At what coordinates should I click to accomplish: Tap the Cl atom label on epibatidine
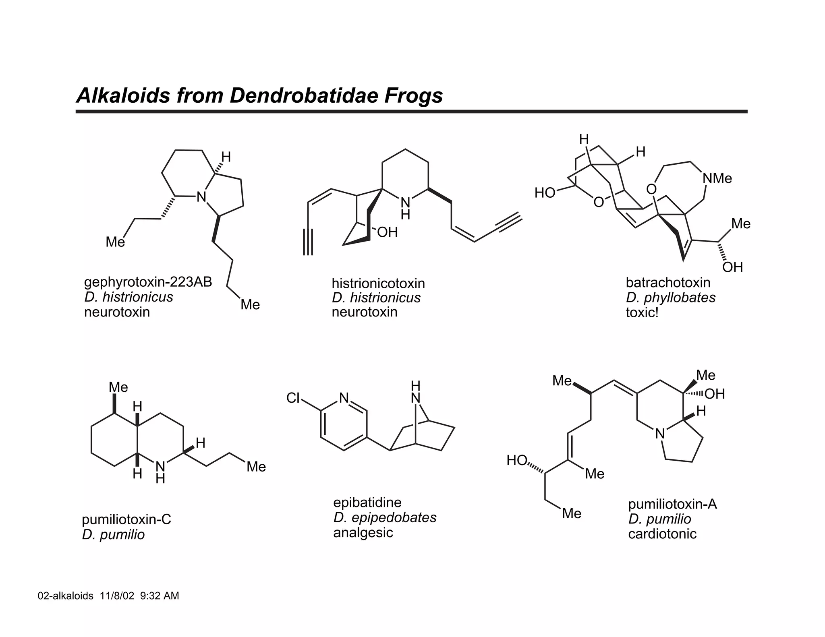(x=293, y=398)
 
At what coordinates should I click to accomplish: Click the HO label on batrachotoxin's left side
(x=545, y=193)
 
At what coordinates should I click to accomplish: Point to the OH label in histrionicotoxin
(x=387, y=232)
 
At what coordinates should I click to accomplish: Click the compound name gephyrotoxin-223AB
(x=148, y=282)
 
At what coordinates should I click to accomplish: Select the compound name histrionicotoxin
(x=378, y=283)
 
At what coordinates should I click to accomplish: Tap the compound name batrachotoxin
(x=668, y=283)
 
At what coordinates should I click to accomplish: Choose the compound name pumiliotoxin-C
(x=126, y=519)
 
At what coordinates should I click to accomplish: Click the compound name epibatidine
(x=367, y=503)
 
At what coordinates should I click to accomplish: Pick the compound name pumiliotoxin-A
(x=672, y=504)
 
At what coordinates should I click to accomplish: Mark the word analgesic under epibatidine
(x=363, y=533)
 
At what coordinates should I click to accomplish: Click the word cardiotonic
(x=662, y=534)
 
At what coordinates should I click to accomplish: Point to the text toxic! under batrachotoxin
(x=642, y=312)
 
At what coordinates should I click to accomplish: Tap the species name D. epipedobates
(x=385, y=518)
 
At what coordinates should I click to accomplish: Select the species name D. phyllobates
(x=671, y=298)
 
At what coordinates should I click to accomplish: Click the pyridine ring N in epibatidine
(x=344, y=398)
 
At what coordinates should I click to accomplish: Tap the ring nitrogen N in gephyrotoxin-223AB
(x=201, y=197)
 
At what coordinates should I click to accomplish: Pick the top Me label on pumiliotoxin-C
(x=118, y=387)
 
